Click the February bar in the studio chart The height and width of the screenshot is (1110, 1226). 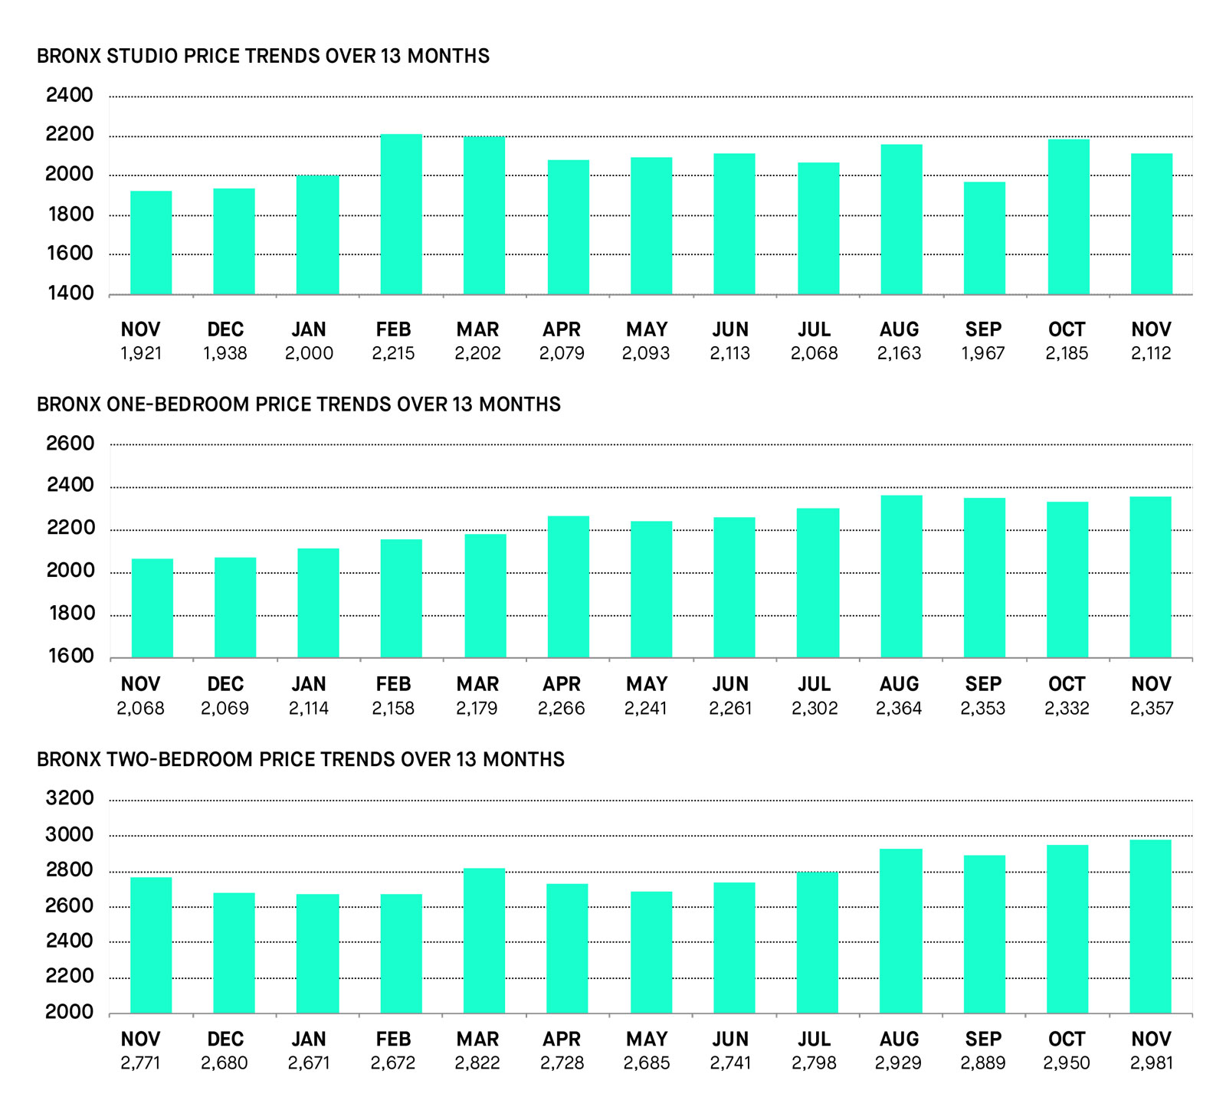click(x=401, y=214)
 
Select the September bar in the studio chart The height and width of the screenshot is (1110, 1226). click(x=984, y=238)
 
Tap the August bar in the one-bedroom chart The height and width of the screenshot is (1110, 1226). click(x=901, y=576)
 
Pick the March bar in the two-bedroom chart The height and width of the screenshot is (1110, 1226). click(x=484, y=941)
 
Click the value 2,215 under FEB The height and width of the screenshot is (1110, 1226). click(x=393, y=354)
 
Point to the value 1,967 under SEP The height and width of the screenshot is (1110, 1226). click(x=983, y=354)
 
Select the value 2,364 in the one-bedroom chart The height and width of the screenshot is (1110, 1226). click(x=899, y=709)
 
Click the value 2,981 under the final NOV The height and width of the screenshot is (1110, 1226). click(x=1151, y=1063)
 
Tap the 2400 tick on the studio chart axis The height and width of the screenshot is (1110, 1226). click(x=70, y=96)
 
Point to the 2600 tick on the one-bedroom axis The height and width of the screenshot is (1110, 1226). click(x=70, y=444)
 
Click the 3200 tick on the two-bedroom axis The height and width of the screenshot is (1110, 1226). click(x=70, y=799)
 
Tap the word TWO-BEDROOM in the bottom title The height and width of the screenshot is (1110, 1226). click(x=180, y=760)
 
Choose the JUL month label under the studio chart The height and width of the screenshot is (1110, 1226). click(x=814, y=330)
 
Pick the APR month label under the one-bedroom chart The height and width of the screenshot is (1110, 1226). click(x=562, y=684)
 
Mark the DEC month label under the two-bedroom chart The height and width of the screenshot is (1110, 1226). click(x=225, y=1040)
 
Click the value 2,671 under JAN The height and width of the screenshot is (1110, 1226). click(x=309, y=1063)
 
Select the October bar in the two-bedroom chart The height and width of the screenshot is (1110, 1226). click(x=1067, y=929)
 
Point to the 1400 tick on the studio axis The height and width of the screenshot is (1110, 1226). click(x=70, y=293)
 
